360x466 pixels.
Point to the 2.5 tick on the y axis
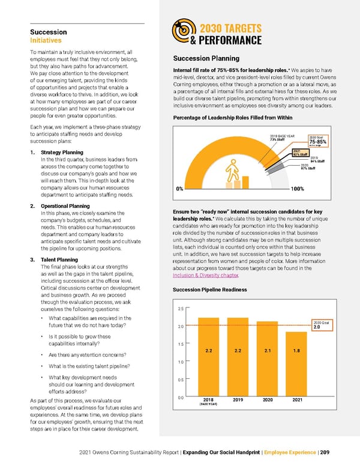181,309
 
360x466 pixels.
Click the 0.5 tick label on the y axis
181,380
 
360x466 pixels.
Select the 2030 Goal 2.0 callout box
321,325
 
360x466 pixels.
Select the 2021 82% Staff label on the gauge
299,153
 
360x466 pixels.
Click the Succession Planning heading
206,59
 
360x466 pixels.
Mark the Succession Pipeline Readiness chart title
214,290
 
